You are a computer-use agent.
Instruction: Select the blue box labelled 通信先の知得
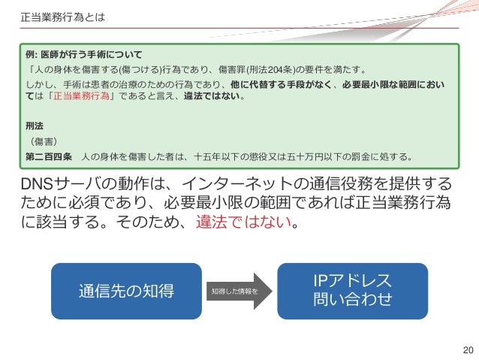point(126,290)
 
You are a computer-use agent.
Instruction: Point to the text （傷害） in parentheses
point(46,141)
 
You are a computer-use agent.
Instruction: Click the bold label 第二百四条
point(48,157)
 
